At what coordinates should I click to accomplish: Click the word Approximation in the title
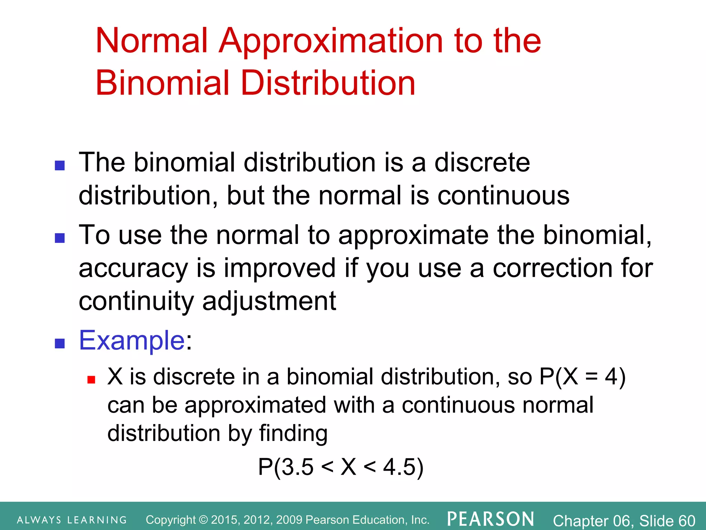click(330, 41)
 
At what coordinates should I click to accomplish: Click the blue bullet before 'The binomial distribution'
click(60, 166)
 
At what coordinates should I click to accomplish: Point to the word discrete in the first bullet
click(482, 162)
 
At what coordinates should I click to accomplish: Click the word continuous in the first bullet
click(503, 196)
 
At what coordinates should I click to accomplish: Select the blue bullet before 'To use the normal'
click(60, 238)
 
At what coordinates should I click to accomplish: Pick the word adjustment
click(269, 301)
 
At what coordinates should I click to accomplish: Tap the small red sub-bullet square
click(91, 380)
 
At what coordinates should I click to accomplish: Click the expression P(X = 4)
click(582, 377)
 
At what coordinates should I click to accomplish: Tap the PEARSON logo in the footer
click(491, 519)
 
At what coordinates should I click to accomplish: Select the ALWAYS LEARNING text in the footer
click(72, 520)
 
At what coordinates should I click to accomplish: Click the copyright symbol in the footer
click(204, 520)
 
